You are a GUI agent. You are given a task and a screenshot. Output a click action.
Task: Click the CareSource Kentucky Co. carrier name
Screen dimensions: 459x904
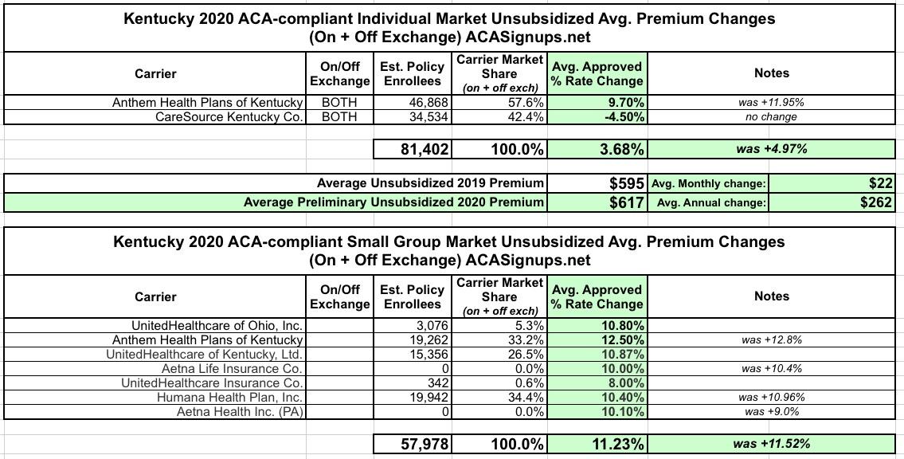coord(229,116)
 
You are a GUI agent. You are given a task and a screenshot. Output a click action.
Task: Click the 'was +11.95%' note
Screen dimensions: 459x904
coord(771,102)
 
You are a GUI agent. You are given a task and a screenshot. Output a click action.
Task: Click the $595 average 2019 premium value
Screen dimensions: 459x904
coord(626,183)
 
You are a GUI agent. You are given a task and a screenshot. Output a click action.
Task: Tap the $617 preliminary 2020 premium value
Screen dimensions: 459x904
coord(626,202)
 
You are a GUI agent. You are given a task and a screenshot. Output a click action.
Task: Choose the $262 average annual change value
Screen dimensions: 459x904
coord(876,202)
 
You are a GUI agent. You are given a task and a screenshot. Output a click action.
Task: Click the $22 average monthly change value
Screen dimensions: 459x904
coord(881,183)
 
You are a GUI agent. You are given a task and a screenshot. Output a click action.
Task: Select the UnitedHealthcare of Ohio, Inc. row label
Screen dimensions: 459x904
coord(217,325)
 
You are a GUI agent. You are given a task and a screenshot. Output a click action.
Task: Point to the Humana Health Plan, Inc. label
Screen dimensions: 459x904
coord(229,397)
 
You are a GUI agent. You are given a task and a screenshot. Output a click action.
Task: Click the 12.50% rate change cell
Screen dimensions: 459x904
coord(620,339)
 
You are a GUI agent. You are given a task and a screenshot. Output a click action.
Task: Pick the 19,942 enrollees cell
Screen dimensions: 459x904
coord(427,397)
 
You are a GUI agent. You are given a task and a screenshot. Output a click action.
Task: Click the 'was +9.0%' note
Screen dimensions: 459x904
coord(771,411)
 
